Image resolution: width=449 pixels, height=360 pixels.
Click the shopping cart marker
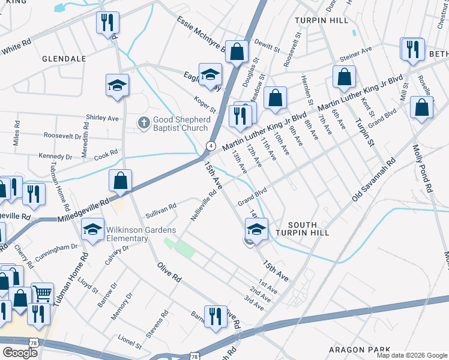point(42,293)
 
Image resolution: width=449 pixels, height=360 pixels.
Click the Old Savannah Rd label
point(374,179)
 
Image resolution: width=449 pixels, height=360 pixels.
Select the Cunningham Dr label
point(58,251)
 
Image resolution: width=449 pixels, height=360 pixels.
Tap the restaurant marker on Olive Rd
point(215,316)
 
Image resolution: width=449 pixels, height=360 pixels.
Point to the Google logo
point(20,353)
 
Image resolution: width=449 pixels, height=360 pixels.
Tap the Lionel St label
point(130,344)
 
